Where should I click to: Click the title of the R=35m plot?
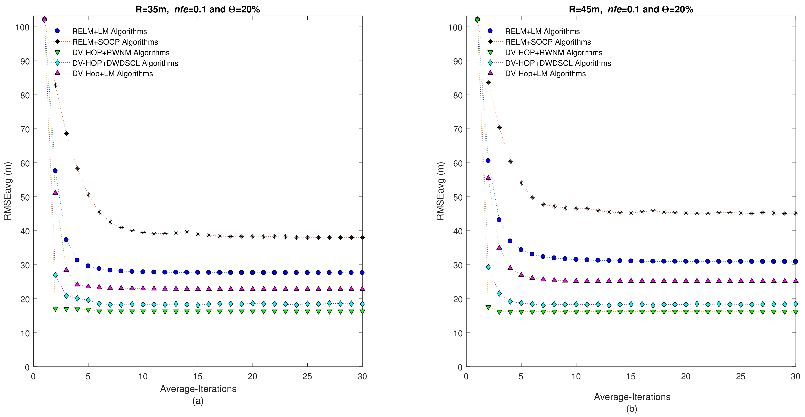(x=198, y=9)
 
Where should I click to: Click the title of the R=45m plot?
(x=631, y=9)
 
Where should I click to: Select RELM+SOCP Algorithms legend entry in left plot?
(x=115, y=42)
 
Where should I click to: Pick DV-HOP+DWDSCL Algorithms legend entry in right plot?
(x=558, y=63)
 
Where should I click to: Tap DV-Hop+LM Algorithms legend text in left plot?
(x=112, y=74)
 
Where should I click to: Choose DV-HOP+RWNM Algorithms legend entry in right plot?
(x=553, y=52)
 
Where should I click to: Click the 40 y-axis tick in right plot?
(x=458, y=231)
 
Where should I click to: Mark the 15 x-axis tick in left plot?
(x=198, y=376)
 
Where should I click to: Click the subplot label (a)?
(x=198, y=401)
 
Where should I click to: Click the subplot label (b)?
(x=632, y=409)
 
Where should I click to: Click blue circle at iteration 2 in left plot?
(x=55, y=171)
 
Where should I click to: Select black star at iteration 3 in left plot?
(x=66, y=134)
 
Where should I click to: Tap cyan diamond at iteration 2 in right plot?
(x=488, y=267)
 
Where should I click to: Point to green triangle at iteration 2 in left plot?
(x=55, y=309)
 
